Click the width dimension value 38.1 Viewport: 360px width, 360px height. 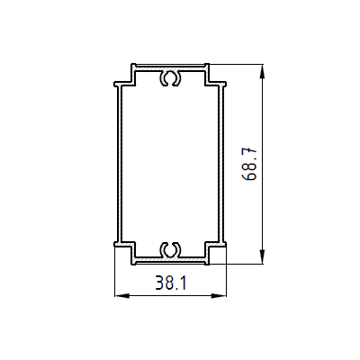click(170, 283)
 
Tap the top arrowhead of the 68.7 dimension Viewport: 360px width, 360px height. click(263, 69)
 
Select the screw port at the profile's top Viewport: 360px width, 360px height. click(170, 78)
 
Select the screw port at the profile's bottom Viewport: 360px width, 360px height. click(170, 248)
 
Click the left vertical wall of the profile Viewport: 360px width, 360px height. click(119, 164)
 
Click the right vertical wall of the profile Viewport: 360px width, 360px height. click(222, 164)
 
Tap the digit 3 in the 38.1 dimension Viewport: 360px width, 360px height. click(159, 283)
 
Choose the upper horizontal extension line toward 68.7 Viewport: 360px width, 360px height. click(238, 64)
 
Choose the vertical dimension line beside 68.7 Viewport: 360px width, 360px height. click(263, 207)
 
